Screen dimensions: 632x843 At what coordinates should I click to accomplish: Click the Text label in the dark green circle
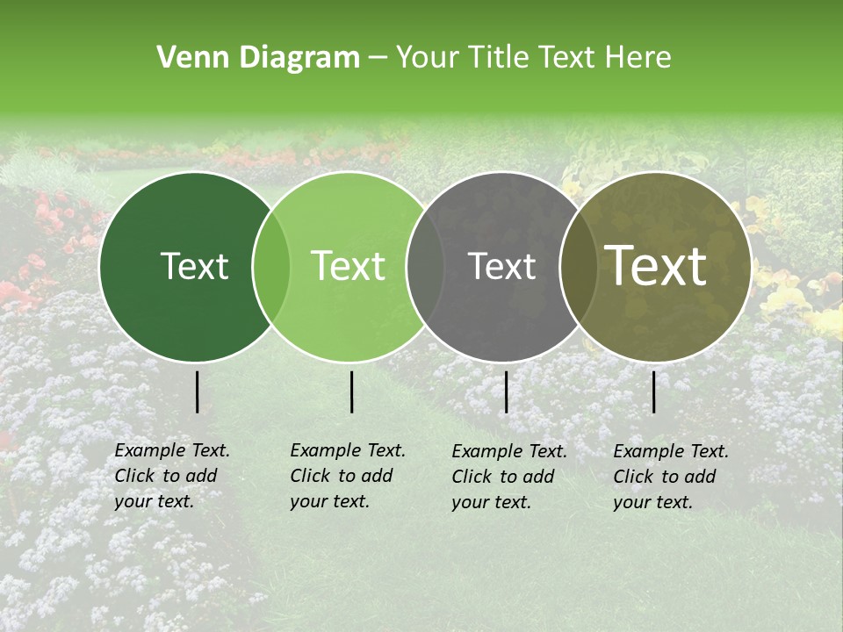coord(194,266)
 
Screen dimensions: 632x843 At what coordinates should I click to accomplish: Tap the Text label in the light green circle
coord(349,266)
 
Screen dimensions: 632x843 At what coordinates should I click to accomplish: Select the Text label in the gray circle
coord(501,266)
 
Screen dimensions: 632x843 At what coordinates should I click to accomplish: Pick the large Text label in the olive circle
coord(656,266)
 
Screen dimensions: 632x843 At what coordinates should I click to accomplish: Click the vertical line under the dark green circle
coord(198,392)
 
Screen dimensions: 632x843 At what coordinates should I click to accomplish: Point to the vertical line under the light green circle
coord(351,392)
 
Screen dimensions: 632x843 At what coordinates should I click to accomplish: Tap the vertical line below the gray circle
coord(506,392)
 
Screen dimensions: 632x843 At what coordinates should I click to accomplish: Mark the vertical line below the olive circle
coord(654,392)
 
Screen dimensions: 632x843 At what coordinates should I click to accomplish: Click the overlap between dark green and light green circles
coord(271,267)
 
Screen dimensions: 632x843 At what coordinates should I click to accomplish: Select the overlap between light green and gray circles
coord(425,267)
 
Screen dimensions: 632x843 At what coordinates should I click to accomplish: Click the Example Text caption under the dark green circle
coord(172,476)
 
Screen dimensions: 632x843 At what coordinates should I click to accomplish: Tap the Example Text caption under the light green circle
coord(348,476)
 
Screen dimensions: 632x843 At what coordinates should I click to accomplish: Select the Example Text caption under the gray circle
coord(509,477)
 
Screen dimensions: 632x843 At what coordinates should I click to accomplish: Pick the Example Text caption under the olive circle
coord(671,477)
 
